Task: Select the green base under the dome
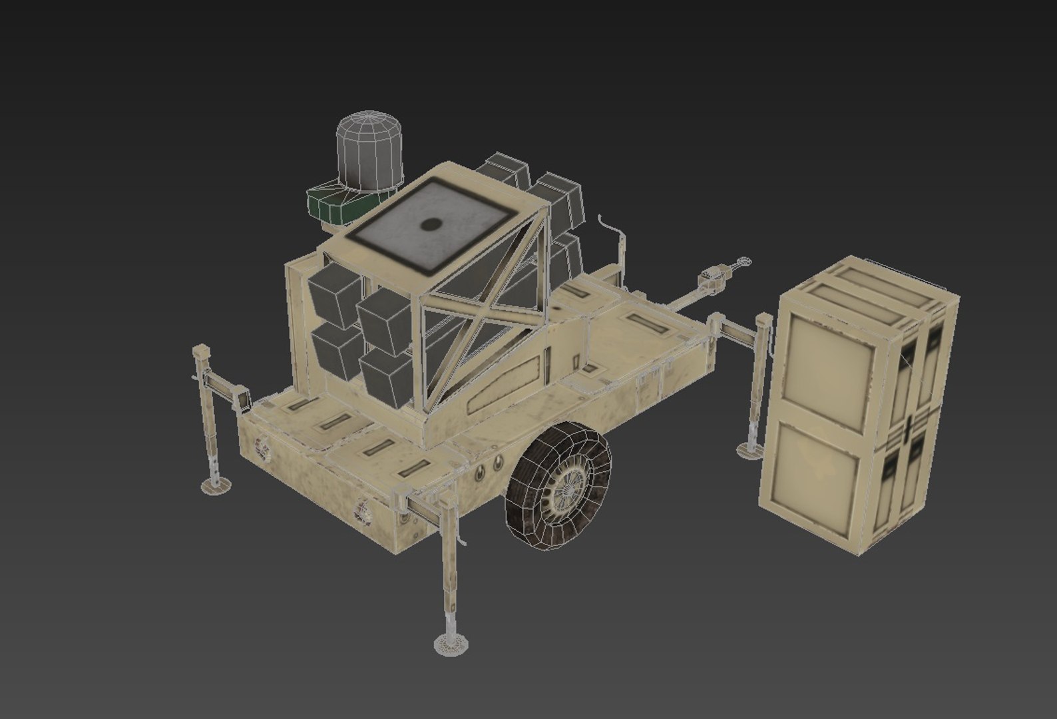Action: [x=333, y=204]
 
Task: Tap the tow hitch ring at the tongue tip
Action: [x=743, y=262]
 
